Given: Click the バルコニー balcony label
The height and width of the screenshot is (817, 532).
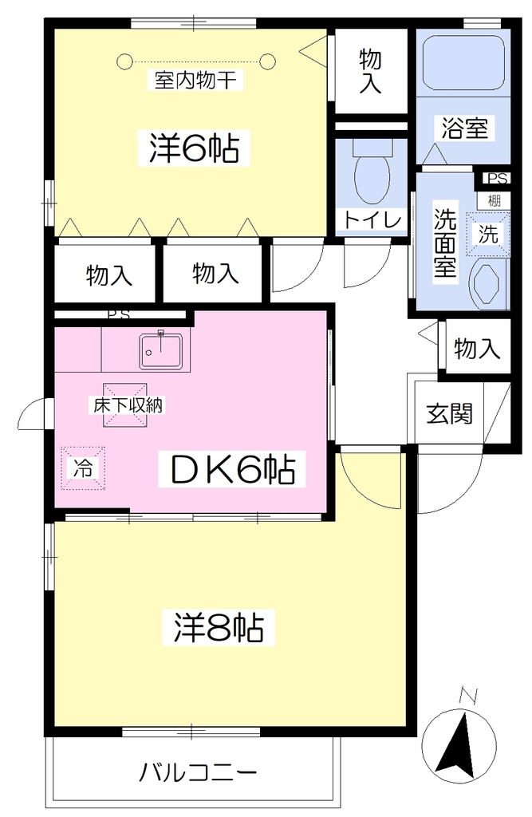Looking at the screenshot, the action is point(198,772).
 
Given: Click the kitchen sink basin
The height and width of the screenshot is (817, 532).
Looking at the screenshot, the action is point(161,351).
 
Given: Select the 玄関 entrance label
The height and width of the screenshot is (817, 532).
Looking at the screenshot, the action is point(449,414).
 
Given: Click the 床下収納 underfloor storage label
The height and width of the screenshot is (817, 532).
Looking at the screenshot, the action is point(128,405).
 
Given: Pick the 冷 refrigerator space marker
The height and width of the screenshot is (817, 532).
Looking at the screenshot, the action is point(83,468).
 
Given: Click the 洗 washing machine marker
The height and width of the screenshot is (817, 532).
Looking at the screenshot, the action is point(488,235).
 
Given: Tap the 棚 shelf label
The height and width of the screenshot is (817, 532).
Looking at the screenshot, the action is point(494,200).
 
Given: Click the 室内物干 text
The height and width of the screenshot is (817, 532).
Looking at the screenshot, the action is point(195,81).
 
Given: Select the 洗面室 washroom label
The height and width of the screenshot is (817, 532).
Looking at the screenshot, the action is point(445,243).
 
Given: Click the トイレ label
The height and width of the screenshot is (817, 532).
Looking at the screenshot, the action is point(372,220).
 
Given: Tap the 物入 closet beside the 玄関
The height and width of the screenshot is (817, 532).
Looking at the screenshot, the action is point(477,348).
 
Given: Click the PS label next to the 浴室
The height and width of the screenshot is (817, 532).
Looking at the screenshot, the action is point(497,178).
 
